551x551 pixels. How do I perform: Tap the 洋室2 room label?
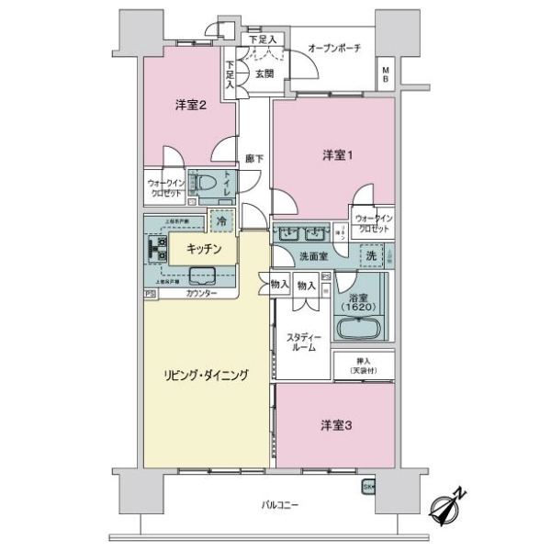[x=189, y=105]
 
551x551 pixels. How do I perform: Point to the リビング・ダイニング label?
[x=206, y=375]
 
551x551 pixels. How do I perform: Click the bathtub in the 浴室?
[x=362, y=329]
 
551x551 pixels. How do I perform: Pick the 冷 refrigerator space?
[x=220, y=220]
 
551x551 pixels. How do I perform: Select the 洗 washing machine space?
[x=371, y=254]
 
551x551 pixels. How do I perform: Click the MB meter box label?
[x=387, y=73]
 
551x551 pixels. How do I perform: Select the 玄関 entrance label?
[x=264, y=74]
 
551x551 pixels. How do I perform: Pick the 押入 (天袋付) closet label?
[x=363, y=365]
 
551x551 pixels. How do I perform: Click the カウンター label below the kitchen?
[x=201, y=293]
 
